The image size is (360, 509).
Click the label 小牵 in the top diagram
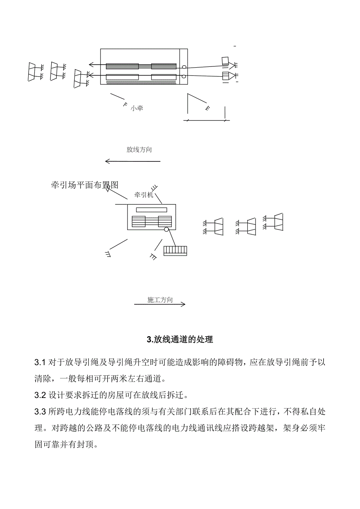(x=137, y=108)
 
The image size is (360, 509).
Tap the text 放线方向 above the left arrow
(x=139, y=150)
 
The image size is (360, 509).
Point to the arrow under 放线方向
(x=133, y=161)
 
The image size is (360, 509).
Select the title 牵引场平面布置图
(x=85, y=185)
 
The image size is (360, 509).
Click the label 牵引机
(x=144, y=195)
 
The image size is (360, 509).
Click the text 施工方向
(x=160, y=300)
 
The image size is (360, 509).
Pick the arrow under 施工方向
(x=160, y=304)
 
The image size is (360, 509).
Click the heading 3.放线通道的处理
(x=180, y=339)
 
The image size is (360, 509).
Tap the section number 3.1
(x=40, y=362)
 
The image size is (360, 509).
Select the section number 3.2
(x=40, y=395)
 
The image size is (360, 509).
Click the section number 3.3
(x=40, y=412)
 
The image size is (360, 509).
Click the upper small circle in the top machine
(x=184, y=68)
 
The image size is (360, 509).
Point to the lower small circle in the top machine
(x=184, y=76)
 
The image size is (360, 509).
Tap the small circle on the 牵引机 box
(x=167, y=230)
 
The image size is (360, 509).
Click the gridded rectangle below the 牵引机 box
(x=175, y=251)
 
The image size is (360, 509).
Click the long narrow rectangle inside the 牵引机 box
(x=149, y=210)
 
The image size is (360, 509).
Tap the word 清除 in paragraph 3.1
(x=43, y=379)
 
